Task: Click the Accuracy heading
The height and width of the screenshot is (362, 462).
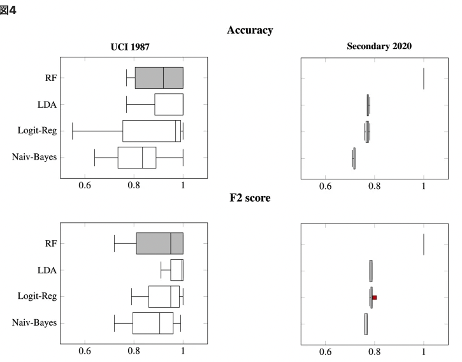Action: [250, 30]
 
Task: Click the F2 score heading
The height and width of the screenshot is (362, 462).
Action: [250, 198]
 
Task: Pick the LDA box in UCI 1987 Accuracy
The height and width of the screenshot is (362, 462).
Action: [169, 105]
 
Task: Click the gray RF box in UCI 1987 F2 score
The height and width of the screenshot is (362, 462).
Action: [159, 244]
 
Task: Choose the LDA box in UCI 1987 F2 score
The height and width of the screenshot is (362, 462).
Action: [177, 270]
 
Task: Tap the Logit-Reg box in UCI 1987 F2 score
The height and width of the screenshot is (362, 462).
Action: [164, 296]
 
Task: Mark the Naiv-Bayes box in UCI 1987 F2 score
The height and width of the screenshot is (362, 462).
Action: [153, 323]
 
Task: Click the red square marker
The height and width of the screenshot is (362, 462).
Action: [375, 298]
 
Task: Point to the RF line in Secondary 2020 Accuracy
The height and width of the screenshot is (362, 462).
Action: [424, 78]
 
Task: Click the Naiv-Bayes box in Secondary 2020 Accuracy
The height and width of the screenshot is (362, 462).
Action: [354, 158]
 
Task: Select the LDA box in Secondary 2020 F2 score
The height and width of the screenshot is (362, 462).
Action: [371, 271]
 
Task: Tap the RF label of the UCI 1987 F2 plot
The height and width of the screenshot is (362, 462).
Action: [49, 244]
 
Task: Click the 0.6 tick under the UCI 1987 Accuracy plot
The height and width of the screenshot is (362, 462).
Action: [85, 185]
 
